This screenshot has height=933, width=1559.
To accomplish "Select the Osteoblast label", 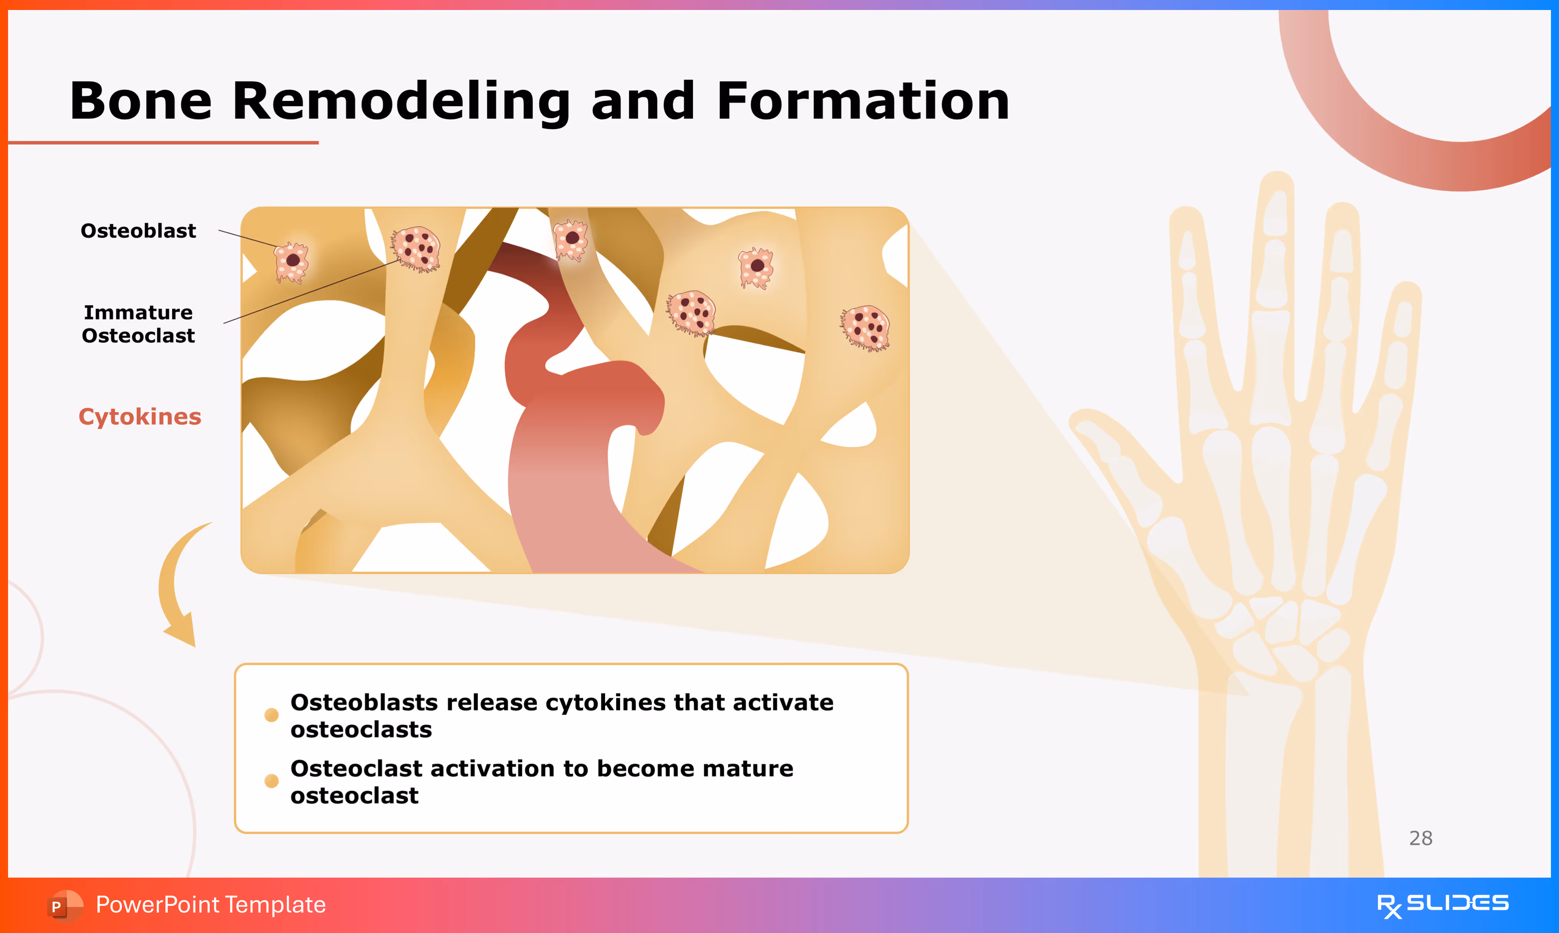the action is [138, 231].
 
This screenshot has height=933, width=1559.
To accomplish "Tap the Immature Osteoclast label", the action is [138, 324].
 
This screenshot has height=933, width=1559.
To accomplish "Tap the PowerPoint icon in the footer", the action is [63, 905].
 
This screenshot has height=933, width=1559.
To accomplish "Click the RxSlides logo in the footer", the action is [1442, 905].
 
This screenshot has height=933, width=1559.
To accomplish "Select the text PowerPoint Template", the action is [210, 905].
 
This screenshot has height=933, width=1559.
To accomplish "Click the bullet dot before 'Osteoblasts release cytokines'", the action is [271, 715].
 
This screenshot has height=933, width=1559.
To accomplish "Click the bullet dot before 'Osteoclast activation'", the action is [271, 781].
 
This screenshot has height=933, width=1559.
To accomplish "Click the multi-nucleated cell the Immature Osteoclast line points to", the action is [416, 249].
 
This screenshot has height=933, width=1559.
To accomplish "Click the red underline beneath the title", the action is [164, 143].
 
